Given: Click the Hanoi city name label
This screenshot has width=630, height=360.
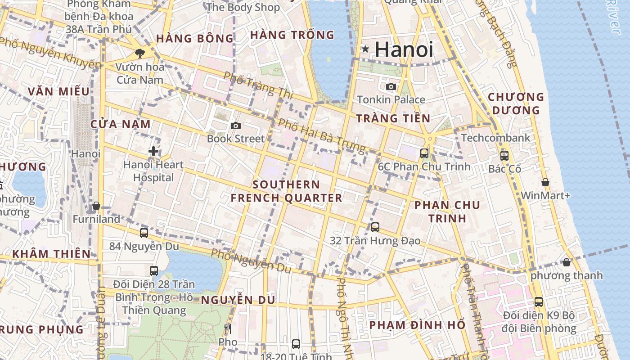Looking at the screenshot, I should pos(404,49).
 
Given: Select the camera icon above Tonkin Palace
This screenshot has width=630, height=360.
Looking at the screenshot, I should pos(391,86).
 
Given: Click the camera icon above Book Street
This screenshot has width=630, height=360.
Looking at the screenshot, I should pos(235,126).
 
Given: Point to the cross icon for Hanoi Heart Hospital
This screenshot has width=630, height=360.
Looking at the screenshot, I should pos(153,151).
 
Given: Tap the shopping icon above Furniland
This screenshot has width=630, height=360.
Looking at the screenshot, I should pos(96,206).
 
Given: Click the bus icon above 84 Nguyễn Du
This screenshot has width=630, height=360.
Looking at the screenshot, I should pos(144,233).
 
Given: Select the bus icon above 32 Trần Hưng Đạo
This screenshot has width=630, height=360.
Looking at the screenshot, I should pos(375,227).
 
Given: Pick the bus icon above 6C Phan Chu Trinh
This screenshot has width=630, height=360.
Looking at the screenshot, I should pos(424,153).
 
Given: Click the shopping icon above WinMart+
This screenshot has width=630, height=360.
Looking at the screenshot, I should pos(545,182).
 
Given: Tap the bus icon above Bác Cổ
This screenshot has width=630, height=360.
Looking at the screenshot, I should pos(504,156).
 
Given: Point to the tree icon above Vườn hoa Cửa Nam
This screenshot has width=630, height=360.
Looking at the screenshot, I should pos(139,54).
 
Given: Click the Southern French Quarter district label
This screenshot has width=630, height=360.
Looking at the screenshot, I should pos(286,191).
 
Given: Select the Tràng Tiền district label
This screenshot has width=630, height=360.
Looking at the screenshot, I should pos(393,118).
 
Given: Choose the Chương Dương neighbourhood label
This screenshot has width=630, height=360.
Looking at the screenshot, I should pos(516,103).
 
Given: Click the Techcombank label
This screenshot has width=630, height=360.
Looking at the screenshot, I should pos(495,138).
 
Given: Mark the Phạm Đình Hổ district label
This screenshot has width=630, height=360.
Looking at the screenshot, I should pos(417,325).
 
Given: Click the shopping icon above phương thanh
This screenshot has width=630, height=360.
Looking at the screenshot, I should pos(567,262).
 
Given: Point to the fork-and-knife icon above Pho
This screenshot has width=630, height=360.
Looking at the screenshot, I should pos(228,329).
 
